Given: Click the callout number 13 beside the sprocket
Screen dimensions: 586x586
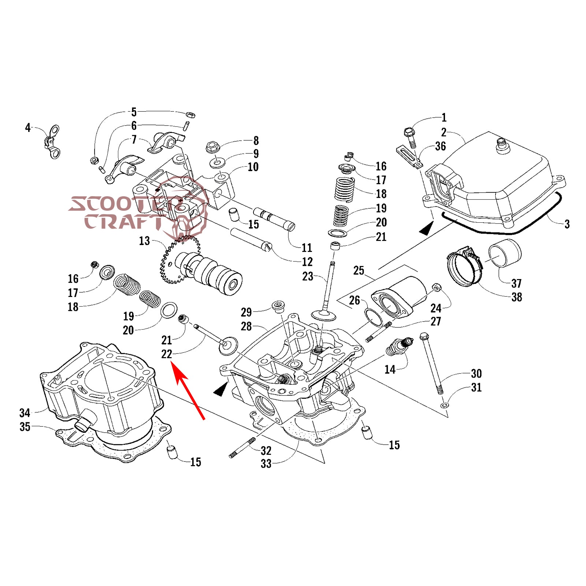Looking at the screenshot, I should click(x=144, y=241).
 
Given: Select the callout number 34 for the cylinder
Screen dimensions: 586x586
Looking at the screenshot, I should click(x=25, y=413).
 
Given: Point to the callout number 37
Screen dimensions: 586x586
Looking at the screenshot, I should click(x=516, y=283).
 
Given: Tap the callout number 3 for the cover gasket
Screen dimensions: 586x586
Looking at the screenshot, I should click(x=567, y=224).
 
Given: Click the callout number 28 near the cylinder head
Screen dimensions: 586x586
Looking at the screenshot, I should click(x=246, y=326).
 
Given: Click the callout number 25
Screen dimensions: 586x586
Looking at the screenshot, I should click(x=359, y=270).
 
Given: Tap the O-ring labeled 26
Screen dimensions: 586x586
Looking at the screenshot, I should click(x=373, y=317).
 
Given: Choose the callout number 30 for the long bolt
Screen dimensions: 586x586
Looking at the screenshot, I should click(x=476, y=374).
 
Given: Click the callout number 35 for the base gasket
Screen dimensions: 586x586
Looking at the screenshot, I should click(x=25, y=427).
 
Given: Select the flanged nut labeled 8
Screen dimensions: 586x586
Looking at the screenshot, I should click(x=213, y=147).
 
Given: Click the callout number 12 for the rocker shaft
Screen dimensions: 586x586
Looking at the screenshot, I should click(x=307, y=262).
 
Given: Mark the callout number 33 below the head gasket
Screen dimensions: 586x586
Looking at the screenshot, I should click(x=266, y=464).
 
